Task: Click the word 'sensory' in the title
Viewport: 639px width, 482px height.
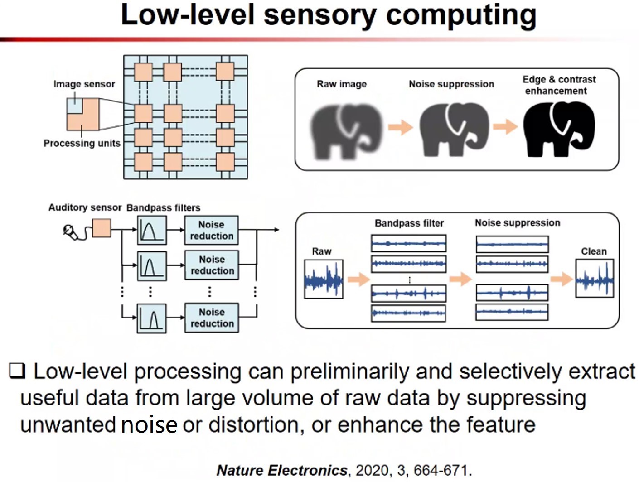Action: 319,14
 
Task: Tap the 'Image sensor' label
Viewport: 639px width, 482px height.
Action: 84,84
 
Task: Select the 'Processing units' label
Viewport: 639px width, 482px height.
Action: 82,143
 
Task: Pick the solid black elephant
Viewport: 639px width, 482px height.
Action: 558,129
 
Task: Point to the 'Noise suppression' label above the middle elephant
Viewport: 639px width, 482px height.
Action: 451,84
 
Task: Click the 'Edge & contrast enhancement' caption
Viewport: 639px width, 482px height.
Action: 559,85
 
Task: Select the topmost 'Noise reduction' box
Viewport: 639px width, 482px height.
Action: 211,230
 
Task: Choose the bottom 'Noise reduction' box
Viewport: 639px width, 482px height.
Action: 212,318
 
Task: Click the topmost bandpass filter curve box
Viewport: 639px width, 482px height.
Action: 152,230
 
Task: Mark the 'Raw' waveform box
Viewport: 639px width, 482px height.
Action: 324,279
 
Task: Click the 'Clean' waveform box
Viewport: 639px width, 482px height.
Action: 595,278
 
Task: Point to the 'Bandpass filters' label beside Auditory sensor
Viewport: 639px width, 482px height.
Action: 163,207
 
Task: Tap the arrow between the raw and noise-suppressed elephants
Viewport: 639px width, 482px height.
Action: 401,127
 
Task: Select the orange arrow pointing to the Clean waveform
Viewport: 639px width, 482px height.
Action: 562,279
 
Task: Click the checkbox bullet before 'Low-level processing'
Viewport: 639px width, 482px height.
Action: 17,371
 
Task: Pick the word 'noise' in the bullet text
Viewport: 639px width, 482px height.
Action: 149,425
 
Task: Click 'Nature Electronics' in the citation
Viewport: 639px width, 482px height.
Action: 282,470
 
